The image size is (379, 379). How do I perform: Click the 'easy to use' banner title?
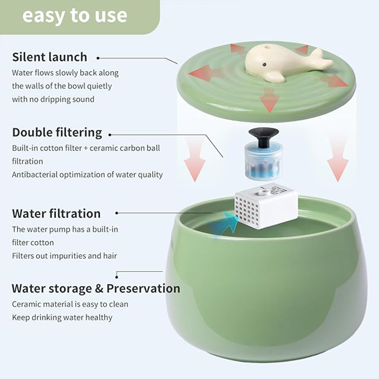click(x=75, y=16)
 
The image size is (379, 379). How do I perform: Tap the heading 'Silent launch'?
click(x=50, y=57)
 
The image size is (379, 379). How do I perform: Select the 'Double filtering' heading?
click(x=57, y=133)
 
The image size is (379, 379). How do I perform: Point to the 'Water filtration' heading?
click(x=56, y=213)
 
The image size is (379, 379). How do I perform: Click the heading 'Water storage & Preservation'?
click(x=96, y=289)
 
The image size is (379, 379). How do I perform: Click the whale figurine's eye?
click(x=265, y=64)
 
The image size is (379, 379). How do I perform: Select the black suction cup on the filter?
click(x=264, y=137)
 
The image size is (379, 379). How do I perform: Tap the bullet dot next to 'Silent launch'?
click(x=98, y=58)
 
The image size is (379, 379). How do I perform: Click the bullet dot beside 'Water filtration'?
click(x=117, y=213)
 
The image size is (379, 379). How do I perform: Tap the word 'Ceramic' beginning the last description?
click(x=26, y=304)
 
